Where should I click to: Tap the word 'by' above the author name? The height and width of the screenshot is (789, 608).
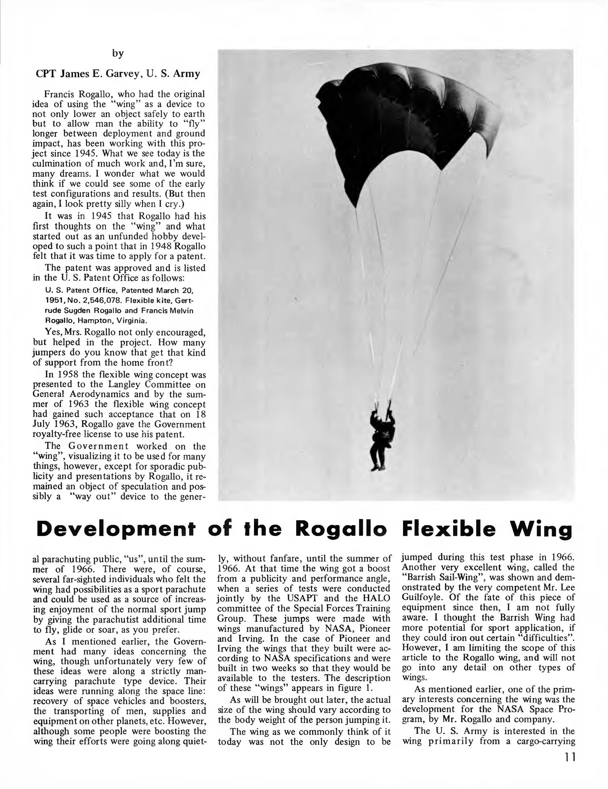(117, 54)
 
